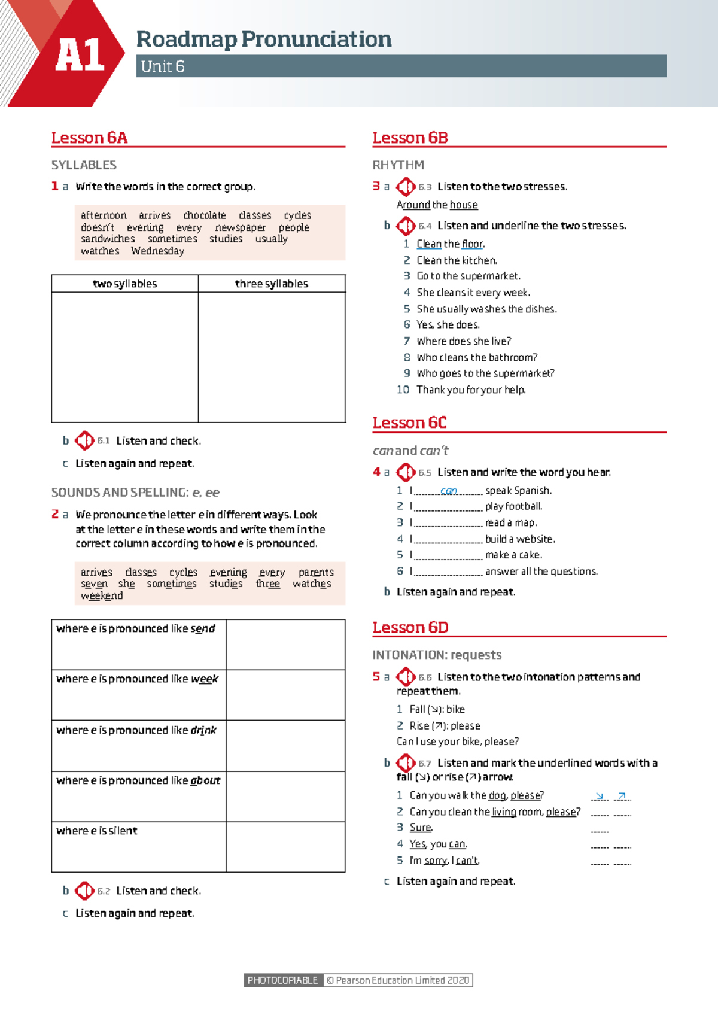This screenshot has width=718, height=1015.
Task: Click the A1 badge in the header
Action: [80, 56]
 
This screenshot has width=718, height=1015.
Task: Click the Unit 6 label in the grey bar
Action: [163, 66]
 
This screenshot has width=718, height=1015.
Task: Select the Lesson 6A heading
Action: [89, 138]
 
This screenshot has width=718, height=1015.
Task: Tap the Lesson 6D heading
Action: [410, 627]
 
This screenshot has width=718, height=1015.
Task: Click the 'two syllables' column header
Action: [124, 284]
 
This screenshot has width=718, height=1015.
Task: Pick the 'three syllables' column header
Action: [272, 284]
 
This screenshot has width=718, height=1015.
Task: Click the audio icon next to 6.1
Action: [84, 441]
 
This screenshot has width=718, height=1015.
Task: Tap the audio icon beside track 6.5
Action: [406, 472]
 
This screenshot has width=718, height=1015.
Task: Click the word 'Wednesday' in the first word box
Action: [158, 251]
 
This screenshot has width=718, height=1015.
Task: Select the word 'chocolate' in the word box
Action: [205, 215]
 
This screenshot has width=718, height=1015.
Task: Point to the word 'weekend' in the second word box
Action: [102, 595]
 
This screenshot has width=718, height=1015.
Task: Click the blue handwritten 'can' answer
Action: [449, 491]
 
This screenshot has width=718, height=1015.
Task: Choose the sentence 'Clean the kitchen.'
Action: [457, 260]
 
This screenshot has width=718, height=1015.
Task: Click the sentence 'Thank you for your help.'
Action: [471, 390]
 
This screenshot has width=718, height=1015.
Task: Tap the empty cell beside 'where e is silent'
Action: [285, 846]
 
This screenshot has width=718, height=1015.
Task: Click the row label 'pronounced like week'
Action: [138, 679]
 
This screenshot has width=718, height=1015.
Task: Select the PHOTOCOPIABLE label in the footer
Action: [282, 980]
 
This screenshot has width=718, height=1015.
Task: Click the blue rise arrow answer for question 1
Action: [622, 795]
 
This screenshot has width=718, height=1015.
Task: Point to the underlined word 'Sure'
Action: [420, 827]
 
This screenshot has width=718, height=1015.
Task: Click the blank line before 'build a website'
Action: [448, 539]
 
